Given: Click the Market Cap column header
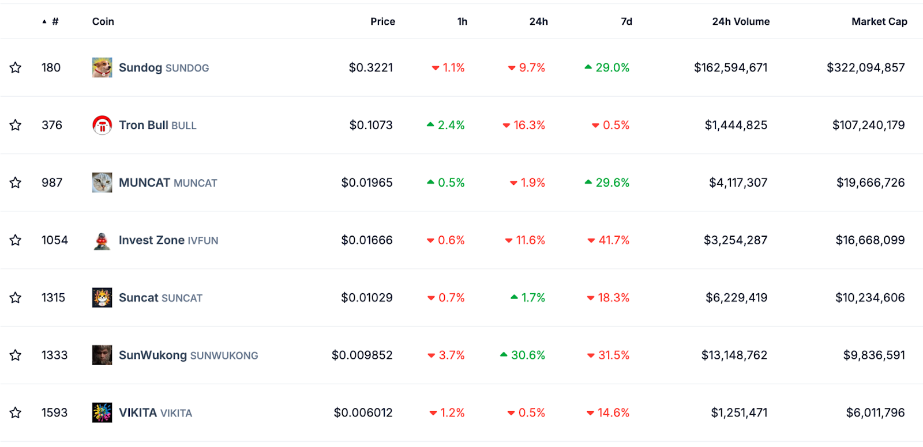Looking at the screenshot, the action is [879, 21].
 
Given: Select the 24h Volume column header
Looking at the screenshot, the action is [741, 21].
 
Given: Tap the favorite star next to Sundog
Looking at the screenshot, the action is [16, 67].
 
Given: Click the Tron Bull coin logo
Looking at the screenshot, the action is [102, 125].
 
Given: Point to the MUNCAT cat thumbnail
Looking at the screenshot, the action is [102, 183].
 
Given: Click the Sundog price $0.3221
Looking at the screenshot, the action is [371, 67].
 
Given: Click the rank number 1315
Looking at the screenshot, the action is [54, 298].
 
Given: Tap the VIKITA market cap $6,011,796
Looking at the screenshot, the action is [876, 412].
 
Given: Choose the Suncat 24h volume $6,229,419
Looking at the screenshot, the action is [736, 298].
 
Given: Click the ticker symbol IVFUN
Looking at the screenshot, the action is [203, 240].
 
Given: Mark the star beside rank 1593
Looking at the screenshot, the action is [16, 412].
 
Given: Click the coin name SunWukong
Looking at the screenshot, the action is [153, 355].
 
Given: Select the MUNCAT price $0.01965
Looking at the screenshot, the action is [367, 183].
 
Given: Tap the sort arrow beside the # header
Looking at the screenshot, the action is [44, 21].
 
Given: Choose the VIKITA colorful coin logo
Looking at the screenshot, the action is [102, 412].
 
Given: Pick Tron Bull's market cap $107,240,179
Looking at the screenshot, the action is [869, 125].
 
